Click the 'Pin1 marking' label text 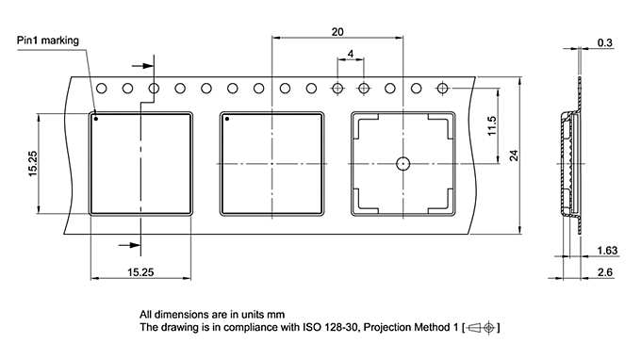click(48, 41)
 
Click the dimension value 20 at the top click(337, 31)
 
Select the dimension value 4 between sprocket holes click(351, 55)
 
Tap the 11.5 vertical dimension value click(491, 125)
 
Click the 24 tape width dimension click(514, 155)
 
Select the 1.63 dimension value click(607, 251)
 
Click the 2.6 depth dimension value click(605, 272)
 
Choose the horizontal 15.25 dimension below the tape click(140, 271)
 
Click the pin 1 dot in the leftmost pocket click(96, 120)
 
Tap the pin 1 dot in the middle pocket click(227, 120)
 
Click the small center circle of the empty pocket click(403, 163)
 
